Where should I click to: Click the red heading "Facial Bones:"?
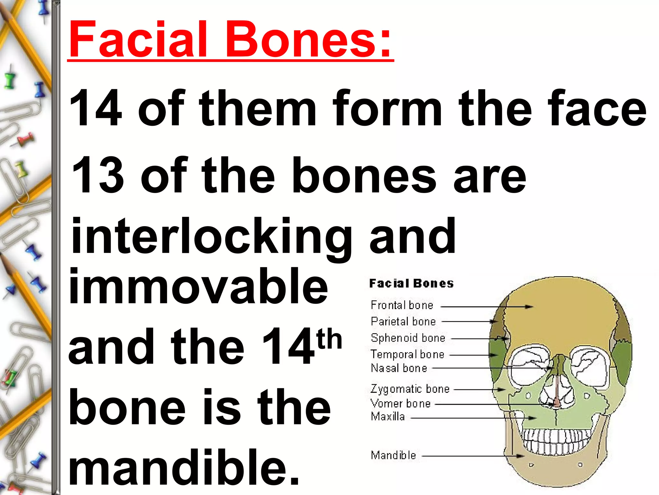230,40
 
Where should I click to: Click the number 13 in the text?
97,176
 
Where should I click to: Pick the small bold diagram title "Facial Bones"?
411,284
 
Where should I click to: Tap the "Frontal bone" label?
402,305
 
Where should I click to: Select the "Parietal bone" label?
403,321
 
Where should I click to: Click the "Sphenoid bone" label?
408,338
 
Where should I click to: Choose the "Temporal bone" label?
407,354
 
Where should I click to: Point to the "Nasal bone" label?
399,368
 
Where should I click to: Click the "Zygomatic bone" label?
410,389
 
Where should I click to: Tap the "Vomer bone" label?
401,403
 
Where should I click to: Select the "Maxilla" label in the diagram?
388,417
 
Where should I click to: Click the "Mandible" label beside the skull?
393,455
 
